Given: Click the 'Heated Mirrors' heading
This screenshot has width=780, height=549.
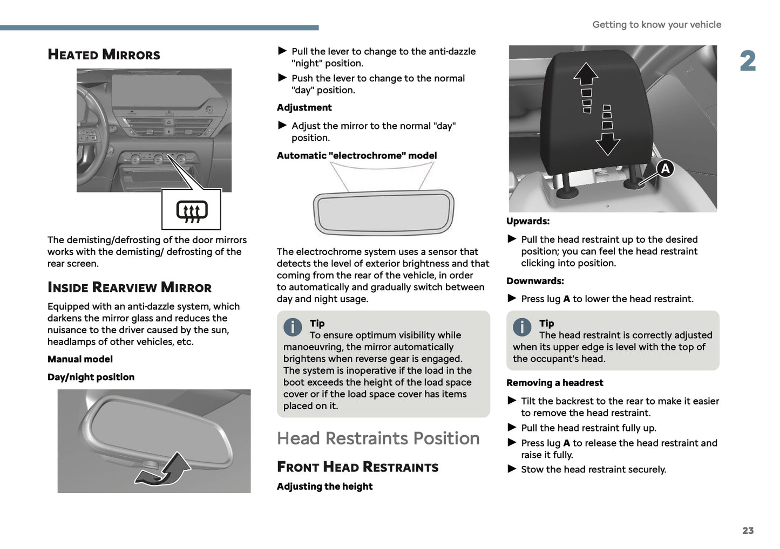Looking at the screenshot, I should [104, 54].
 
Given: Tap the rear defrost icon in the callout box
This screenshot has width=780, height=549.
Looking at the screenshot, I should [191, 210].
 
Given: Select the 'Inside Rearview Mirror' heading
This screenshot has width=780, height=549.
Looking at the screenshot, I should [129, 287].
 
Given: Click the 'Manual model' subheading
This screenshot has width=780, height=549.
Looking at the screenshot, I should [80, 359].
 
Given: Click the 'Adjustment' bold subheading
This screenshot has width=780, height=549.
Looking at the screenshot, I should [304, 107].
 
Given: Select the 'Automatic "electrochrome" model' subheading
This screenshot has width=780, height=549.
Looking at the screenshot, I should [356, 155].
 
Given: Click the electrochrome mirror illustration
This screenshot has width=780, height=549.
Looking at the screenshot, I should [383, 212].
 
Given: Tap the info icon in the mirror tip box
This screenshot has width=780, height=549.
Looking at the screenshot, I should [293, 327].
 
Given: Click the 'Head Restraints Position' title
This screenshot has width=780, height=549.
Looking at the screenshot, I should [378, 438].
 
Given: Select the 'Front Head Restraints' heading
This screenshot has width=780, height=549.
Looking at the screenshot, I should [357, 467].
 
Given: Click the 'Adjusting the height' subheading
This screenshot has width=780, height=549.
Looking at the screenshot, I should [324, 486].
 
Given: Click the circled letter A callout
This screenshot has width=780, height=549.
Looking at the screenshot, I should [666, 169].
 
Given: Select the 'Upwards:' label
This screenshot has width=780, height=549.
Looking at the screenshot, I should [527, 221].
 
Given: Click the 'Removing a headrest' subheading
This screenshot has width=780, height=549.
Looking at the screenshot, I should [554, 383].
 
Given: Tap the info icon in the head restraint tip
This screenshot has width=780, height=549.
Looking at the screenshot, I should [522, 327].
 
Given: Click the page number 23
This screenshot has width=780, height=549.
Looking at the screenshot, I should [748, 531].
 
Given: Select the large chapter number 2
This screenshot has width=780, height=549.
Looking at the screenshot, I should [748, 61].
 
